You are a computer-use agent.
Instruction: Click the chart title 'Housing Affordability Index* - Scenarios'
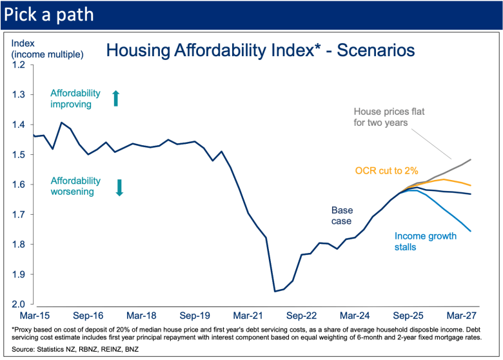[x=260, y=50]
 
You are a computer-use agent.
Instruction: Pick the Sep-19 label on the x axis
[x=194, y=316]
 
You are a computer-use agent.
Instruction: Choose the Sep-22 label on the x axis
[x=301, y=316]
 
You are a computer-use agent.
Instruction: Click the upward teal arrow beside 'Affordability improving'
[x=116, y=98]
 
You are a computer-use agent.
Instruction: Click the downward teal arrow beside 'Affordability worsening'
[x=119, y=187]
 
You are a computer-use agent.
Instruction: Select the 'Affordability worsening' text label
[x=76, y=186]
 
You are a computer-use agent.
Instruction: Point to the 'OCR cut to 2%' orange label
[x=387, y=171]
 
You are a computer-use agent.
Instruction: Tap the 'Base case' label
[x=342, y=215]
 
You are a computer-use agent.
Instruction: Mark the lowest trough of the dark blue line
[x=275, y=291]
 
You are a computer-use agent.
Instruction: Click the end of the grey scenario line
[x=470, y=159]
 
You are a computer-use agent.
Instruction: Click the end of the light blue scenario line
[x=470, y=231]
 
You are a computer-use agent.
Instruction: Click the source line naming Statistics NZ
[x=74, y=349]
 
